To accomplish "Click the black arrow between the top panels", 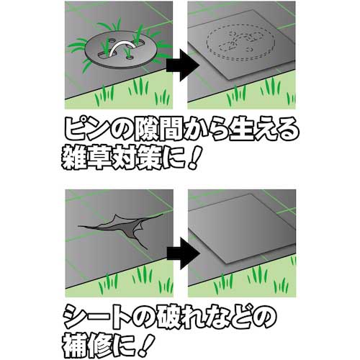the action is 182,66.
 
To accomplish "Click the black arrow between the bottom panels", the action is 184,253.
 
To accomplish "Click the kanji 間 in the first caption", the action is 172,129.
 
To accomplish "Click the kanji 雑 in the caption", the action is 73,158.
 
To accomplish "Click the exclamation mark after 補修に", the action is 147,345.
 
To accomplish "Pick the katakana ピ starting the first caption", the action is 77,129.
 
